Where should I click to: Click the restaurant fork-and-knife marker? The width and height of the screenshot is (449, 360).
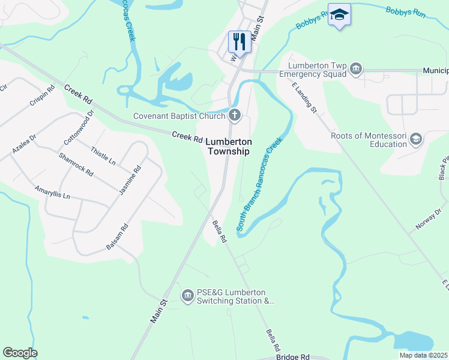239,42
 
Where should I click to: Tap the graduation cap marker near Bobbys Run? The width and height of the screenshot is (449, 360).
339,15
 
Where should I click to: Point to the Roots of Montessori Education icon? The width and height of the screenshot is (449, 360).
415,140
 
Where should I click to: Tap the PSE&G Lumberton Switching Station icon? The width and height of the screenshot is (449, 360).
187,296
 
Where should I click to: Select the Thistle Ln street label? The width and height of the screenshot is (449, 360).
103,155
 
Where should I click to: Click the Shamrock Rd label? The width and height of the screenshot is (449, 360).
76,164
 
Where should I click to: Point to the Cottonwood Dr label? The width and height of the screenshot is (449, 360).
79,125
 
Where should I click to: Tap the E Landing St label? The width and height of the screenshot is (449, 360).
304,98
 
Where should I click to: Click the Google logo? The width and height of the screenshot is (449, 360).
20,353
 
